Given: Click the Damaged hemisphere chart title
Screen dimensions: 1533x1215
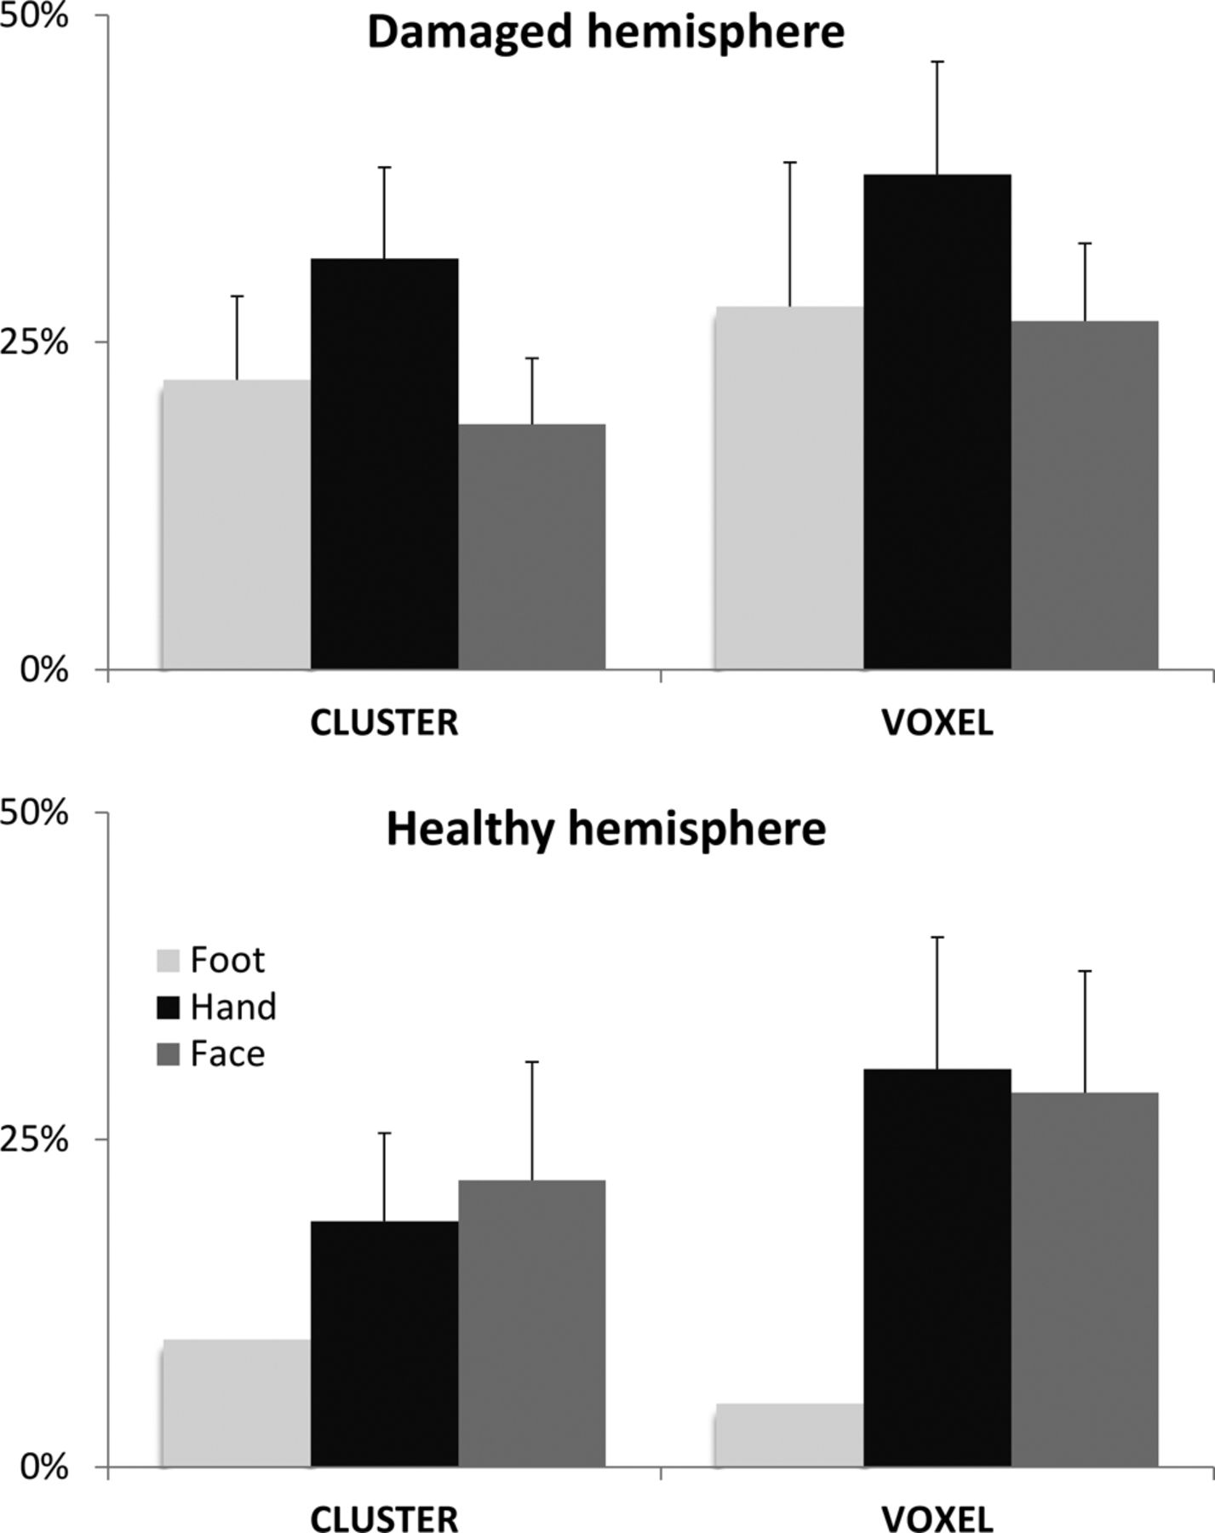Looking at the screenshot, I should pos(605,32).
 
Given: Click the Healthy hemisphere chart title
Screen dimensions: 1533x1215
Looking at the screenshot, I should pos(605,829).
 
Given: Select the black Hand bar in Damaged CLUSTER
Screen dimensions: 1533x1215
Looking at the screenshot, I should pos(384,463).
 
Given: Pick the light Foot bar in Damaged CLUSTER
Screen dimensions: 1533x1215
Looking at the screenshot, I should pos(236,524).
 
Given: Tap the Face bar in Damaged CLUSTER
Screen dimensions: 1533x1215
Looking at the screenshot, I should pos(531,546).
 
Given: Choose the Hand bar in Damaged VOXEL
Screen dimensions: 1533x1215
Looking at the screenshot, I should pos(937,422).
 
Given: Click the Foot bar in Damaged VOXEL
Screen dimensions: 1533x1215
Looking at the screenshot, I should pos(788,487).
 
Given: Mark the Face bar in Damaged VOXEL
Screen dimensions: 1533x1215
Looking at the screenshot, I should pos(1084,495).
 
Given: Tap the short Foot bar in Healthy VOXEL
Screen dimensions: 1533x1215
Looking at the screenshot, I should pos(788,1434).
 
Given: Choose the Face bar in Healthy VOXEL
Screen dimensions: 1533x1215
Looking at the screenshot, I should pos(1084,1278).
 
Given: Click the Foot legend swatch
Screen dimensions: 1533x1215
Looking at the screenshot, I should pos(169,961).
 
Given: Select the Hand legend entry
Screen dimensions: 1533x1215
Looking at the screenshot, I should pos(232,1007).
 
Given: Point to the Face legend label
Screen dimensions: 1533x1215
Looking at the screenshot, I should pos(227,1054).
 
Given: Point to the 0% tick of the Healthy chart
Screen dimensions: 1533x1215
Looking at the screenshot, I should pos(44,1467).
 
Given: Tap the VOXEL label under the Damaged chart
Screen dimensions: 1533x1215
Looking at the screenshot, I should pos(937,723).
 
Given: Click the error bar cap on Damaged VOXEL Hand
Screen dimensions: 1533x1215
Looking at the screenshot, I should pos(937,62).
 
